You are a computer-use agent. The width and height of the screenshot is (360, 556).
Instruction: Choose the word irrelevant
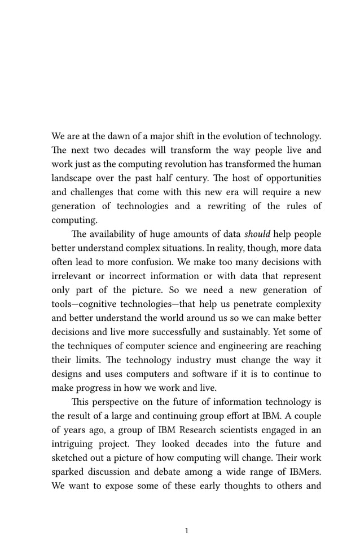coord(73,276)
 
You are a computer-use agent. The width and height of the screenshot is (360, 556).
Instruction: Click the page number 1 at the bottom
coord(187,531)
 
